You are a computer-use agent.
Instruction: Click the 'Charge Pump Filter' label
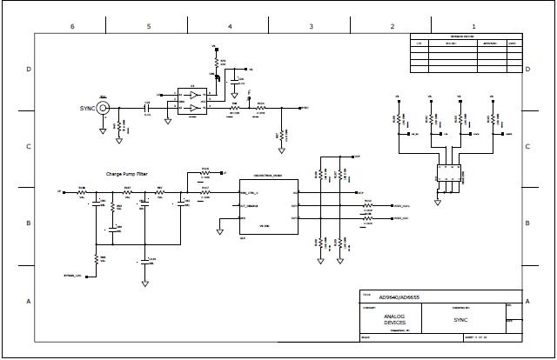click(127, 174)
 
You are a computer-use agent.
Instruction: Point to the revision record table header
click(467, 37)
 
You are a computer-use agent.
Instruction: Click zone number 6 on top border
click(72, 26)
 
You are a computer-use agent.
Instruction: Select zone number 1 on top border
click(473, 26)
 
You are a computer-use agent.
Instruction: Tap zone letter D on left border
click(29, 69)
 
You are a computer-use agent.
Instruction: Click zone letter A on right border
click(527, 301)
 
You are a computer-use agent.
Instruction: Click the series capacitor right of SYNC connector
click(146, 109)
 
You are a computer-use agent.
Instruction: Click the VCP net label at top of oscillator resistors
click(357, 157)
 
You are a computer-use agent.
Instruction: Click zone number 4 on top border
click(230, 26)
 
